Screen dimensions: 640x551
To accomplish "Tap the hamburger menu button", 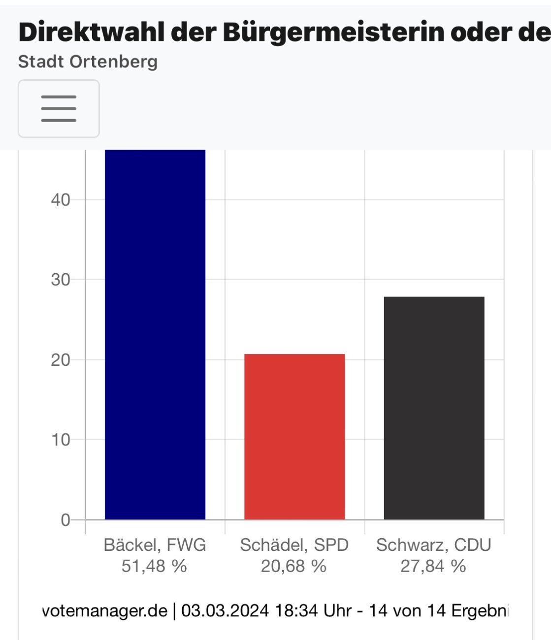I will click(59, 108).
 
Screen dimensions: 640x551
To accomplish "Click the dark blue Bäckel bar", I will click(155, 335).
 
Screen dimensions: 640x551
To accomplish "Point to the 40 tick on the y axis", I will click(61, 200).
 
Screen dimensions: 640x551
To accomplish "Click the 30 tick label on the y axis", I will click(61, 280).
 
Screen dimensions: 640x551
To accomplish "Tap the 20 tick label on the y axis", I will click(61, 360).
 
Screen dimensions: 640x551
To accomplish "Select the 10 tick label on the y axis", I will click(61, 440).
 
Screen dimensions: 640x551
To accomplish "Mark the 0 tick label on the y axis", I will click(65, 520).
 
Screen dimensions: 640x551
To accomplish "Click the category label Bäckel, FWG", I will click(155, 545).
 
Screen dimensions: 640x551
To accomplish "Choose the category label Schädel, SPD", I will click(294, 545).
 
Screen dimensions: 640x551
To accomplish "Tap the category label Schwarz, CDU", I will click(433, 545).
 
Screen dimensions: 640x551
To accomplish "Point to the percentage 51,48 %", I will click(154, 566).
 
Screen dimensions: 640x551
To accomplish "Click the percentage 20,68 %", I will click(293, 566).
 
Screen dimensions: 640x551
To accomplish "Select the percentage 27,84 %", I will click(433, 566).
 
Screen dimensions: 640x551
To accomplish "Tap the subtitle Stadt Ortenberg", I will click(88, 62).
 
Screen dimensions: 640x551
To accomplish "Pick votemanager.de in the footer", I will click(105, 610).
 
